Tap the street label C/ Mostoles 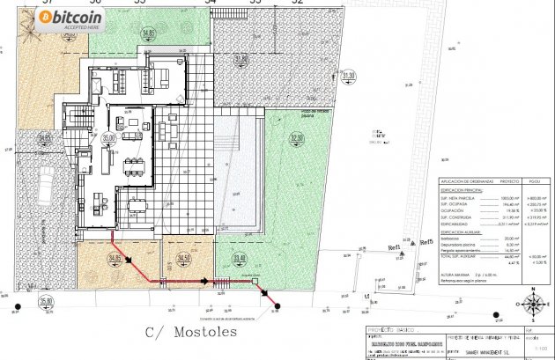tap(190, 333)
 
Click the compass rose tap(532, 305)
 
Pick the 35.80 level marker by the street tap(47, 301)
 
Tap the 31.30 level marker tap(349, 77)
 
